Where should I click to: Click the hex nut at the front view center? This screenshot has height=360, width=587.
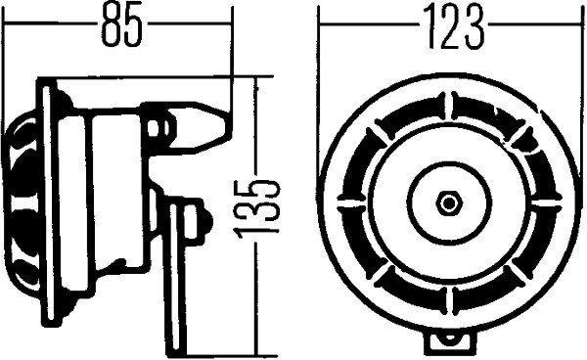(x=449, y=202)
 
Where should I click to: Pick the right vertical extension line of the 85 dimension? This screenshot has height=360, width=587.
(x=233, y=59)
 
